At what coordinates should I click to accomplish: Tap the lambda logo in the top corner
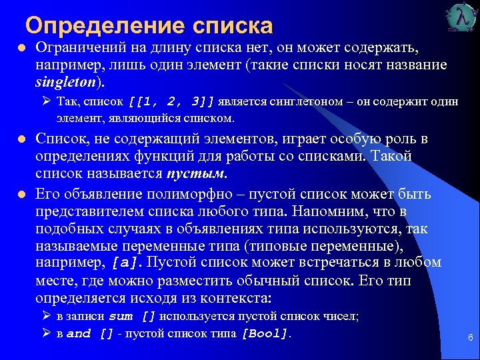pyautogui.click(x=459, y=18)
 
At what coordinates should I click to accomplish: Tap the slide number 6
pyautogui.click(x=470, y=338)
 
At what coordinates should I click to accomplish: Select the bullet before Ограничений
pyautogui.click(x=21, y=49)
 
